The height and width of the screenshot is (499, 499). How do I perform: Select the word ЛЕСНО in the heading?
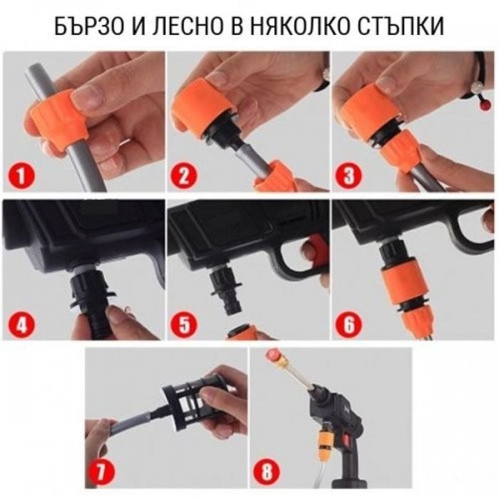(x=188, y=27)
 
